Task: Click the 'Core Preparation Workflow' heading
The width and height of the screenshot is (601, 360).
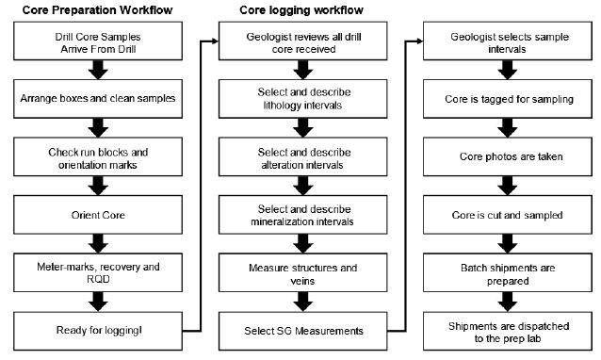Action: [98, 10]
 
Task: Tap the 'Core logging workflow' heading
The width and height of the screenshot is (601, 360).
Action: [301, 10]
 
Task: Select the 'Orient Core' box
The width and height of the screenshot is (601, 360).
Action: [98, 215]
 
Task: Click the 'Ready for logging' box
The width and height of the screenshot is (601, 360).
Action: [98, 331]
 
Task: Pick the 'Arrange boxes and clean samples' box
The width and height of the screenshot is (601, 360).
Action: [98, 99]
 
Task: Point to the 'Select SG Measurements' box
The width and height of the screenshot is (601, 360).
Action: [303, 331]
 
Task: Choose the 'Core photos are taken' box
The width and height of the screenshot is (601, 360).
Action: [508, 156]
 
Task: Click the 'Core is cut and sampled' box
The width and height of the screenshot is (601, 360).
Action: [508, 215]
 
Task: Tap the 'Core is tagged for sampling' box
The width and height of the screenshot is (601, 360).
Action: [508, 99]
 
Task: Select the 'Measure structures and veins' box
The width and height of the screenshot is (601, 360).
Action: [303, 272]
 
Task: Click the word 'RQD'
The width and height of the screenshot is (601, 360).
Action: [98, 279]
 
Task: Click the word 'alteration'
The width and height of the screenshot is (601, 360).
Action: [283, 165]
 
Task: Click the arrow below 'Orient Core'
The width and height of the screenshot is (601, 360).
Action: [98, 243]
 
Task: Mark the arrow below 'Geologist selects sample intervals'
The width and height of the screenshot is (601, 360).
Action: [508, 70]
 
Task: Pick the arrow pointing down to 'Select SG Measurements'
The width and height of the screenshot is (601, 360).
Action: [303, 302]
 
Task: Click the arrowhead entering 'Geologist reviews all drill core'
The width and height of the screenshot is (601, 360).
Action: [215, 41]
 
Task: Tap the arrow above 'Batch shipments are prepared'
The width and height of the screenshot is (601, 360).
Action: [508, 243]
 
